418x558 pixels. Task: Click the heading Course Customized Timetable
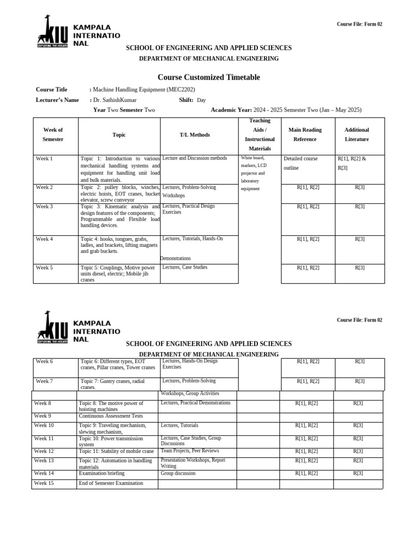tap(208, 77)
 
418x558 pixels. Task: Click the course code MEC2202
tap(182, 89)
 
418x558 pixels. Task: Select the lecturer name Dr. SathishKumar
tap(115, 100)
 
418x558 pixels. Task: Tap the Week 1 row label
tap(45, 159)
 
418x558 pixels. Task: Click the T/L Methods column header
tap(194, 135)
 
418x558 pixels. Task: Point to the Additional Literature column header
tap(356, 135)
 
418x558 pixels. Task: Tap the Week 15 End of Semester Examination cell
tap(111, 483)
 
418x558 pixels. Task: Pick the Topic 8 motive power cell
tap(111, 406)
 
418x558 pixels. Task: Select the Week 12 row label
tap(44, 451)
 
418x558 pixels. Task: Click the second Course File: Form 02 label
tap(359, 320)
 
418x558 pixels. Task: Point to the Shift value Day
tap(201, 100)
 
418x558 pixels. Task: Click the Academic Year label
tap(231, 110)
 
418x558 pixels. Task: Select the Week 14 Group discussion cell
tap(177, 474)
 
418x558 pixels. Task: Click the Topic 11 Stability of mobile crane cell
tap(116, 451)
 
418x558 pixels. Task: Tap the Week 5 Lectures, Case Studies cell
tap(185, 267)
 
